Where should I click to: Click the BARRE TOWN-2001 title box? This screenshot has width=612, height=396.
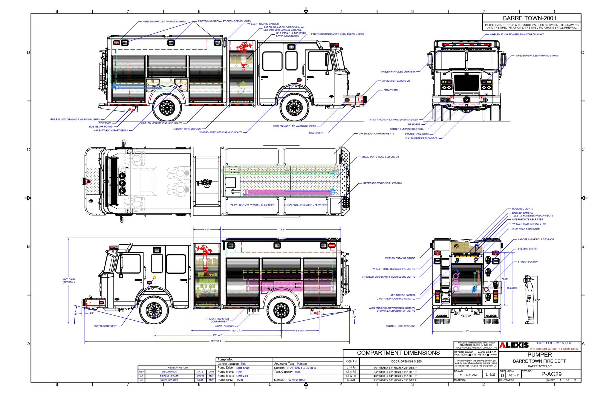click(532, 18)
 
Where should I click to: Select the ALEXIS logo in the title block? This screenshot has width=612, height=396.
click(514, 345)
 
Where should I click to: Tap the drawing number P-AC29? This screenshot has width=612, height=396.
click(551, 374)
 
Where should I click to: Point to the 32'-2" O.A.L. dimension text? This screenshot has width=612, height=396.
click(217, 341)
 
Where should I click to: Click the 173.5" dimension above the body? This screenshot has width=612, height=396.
click(281, 230)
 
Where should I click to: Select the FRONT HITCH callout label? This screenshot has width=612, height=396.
click(391, 90)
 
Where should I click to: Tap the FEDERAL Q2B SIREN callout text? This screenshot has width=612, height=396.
click(417, 134)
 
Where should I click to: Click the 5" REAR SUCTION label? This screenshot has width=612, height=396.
click(528, 262)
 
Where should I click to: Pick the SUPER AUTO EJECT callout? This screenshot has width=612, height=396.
click(105, 326)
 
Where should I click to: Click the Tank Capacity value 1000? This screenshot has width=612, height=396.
click(298, 372)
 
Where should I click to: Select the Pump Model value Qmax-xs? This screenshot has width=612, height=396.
click(242, 376)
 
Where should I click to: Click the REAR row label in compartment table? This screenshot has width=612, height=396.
click(351, 380)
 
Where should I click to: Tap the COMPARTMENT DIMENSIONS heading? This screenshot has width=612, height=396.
click(398, 353)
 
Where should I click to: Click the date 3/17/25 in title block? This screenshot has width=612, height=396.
click(490, 374)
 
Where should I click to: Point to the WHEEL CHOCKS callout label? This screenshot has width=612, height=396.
click(224, 326)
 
